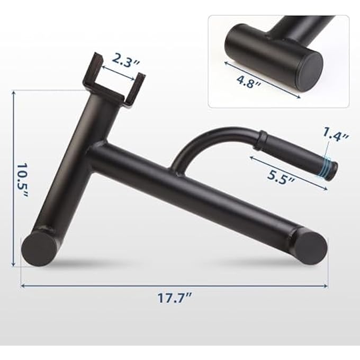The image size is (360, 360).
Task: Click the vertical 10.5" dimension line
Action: tap(13, 177)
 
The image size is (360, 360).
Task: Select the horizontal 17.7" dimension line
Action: tap(175, 285)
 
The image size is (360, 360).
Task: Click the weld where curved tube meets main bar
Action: tap(177, 169)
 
